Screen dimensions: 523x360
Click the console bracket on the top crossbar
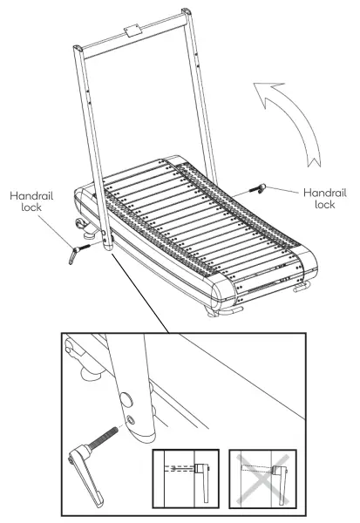click(132, 31)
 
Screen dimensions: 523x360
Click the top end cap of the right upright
click(185, 12)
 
